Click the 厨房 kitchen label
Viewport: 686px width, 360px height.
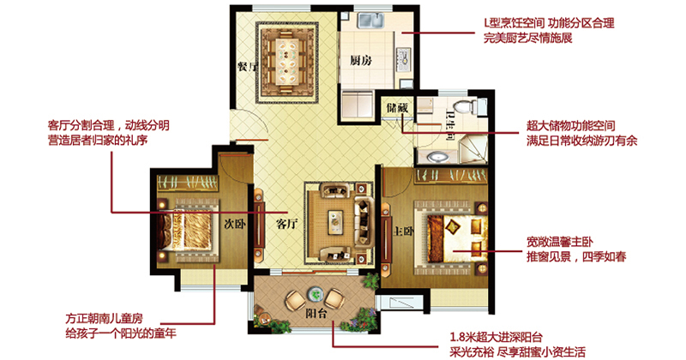[361, 60]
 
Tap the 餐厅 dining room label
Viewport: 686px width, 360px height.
[247, 67]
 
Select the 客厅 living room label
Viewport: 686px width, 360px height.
[286, 224]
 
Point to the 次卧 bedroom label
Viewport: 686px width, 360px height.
[235, 224]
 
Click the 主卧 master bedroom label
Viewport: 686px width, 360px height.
[403, 231]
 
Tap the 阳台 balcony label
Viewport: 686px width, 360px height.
[316, 313]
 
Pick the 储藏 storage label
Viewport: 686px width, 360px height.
[397, 107]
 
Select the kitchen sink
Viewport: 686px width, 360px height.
[370, 20]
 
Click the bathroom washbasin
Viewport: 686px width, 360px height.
[436, 157]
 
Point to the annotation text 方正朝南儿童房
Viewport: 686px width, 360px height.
[104, 319]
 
